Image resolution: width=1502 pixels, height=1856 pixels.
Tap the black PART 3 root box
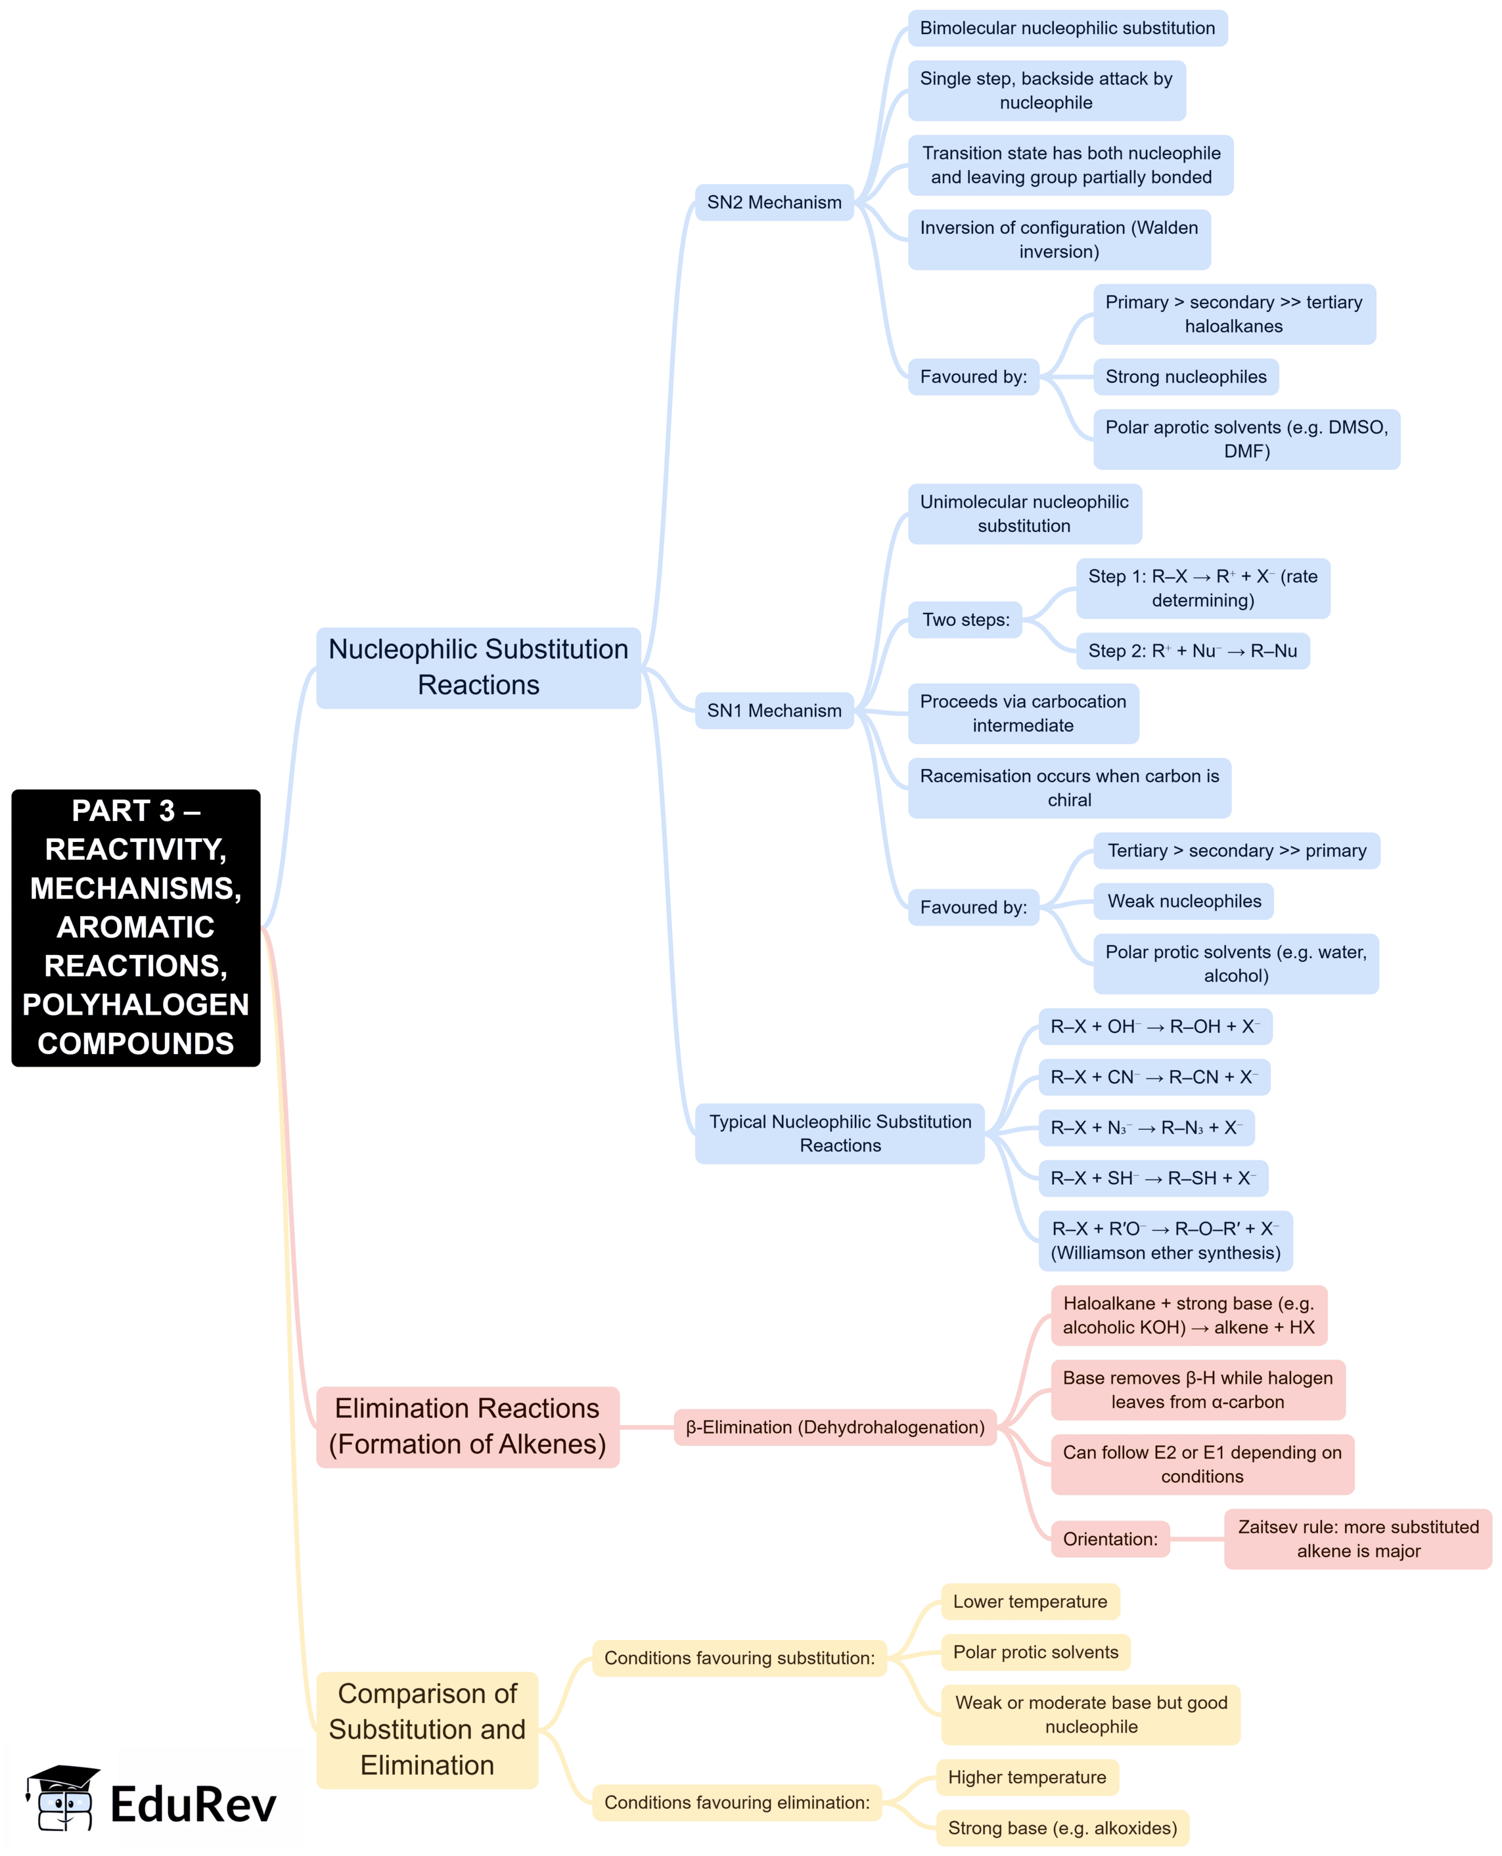pos(136,927)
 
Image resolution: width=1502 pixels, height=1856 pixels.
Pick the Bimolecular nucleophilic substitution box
pos(1067,28)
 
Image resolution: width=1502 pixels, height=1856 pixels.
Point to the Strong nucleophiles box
pos(1185,377)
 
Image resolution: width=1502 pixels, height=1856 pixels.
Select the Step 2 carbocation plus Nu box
pos(1193,652)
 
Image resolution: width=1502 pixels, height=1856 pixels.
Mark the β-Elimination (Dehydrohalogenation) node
pos(835,1427)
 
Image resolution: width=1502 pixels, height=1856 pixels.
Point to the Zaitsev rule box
pos(1357,1539)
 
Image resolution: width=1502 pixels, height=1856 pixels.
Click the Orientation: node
pos(1109,1539)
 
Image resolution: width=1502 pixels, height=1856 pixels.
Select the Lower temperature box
pos(1030,1602)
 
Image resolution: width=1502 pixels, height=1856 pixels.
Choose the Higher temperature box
pos(1027,1777)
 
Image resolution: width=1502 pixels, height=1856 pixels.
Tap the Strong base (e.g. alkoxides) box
pos(1062,1828)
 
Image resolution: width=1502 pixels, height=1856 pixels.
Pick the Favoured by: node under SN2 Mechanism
pos(972,377)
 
